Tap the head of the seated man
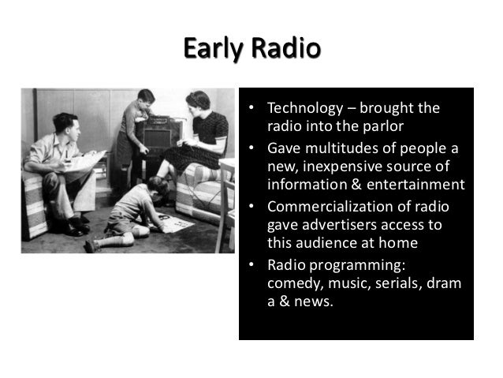[x=66, y=124]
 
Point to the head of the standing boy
[x=143, y=99]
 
